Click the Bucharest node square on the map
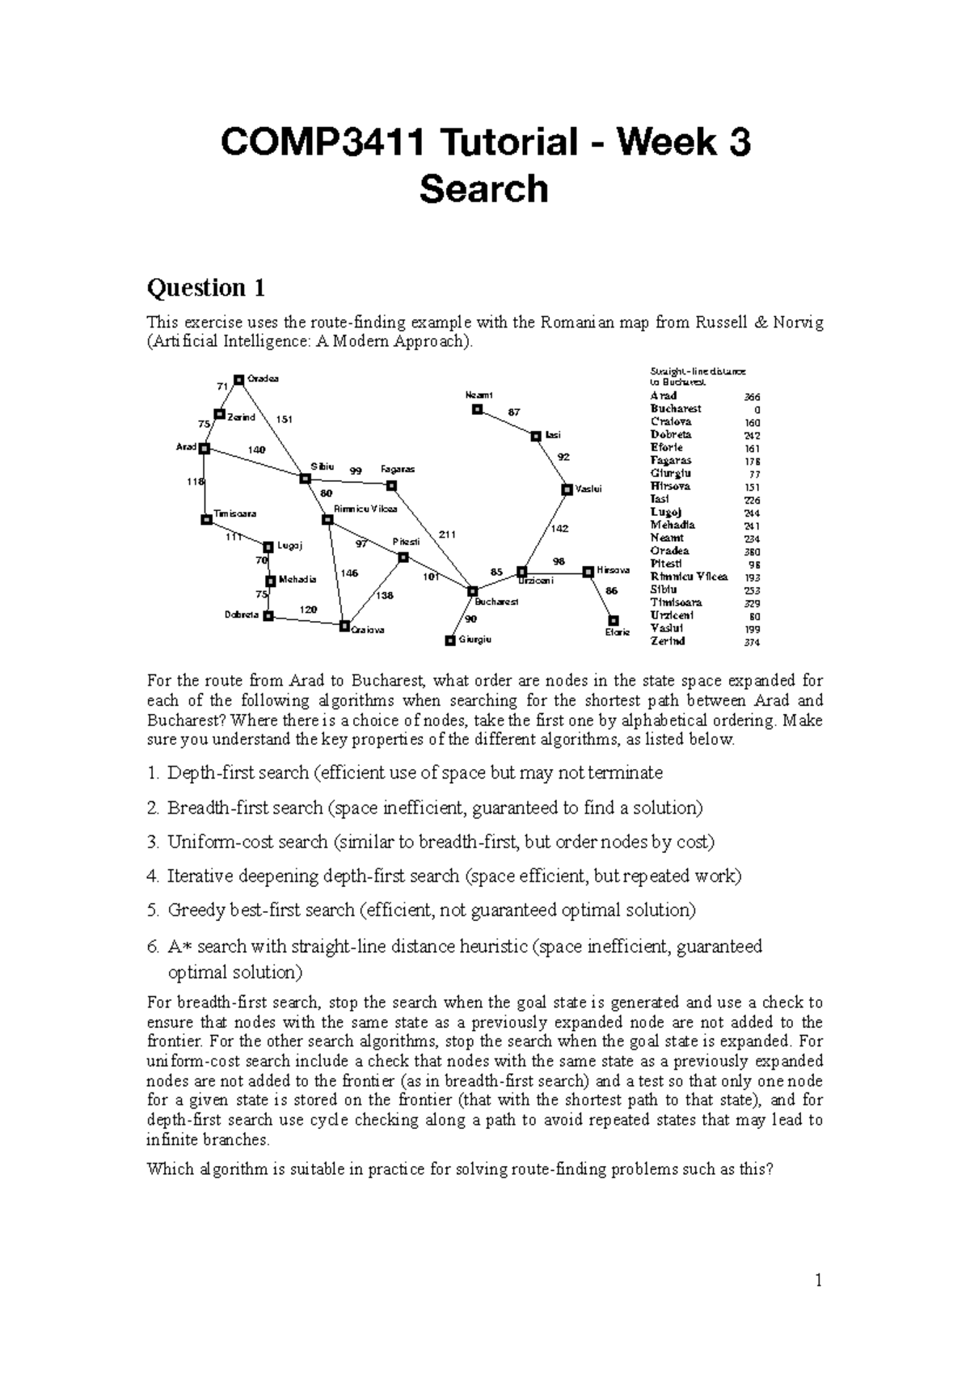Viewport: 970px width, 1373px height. click(x=473, y=591)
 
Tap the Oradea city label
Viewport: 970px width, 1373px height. click(x=263, y=379)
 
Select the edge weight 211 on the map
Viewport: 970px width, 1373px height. click(x=447, y=534)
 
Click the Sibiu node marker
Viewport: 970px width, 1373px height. click(x=305, y=479)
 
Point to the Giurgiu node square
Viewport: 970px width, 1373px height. click(x=450, y=640)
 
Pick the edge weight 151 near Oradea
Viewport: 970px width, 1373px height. click(x=284, y=419)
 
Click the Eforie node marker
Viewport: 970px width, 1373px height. click(x=614, y=620)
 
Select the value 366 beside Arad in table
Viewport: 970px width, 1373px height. click(x=752, y=397)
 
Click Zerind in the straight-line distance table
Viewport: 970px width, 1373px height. click(x=668, y=641)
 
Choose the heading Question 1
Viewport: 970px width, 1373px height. click(x=205, y=288)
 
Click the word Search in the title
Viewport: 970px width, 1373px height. click(x=484, y=189)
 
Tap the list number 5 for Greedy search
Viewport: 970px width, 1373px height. click(x=153, y=910)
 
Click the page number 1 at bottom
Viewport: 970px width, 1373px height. click(x=818, y=1280)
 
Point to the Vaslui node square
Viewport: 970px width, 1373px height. click(x=567, y=489)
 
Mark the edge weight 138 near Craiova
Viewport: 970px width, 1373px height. click(x=384, y=595)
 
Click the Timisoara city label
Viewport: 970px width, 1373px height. click(x=235, y=513)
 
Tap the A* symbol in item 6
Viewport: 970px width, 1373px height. click(x=177, y=946)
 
